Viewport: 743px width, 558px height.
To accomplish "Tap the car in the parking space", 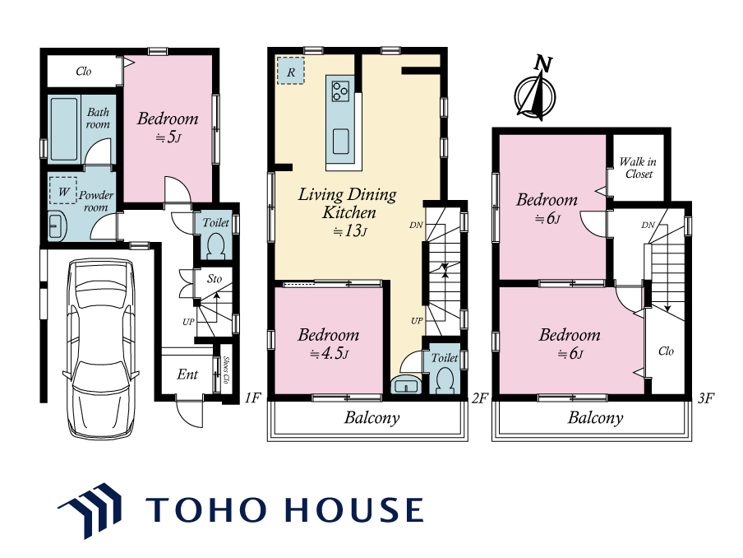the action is (x=101, y=348).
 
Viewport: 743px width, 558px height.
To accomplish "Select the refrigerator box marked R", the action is (x=290, y=71).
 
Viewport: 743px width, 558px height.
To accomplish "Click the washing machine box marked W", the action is (x=62, y=190).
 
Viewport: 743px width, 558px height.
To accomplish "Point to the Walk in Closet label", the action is (x=638, y=168).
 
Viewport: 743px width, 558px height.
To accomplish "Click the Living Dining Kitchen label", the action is (x=348, y=203).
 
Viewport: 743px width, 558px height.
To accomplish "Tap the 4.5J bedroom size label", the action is (x=329, y=354).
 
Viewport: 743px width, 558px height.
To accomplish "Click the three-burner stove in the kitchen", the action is (x=340, y=91).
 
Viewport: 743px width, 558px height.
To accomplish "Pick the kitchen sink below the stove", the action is (x=340, y=142).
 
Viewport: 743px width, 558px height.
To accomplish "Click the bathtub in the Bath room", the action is (x=63, y=129).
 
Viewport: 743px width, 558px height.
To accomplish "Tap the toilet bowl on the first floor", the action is (x=216, y=247).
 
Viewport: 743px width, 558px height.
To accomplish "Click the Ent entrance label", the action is (x=187, y=374).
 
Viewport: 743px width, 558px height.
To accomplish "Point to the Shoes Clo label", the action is (x=226, y=370).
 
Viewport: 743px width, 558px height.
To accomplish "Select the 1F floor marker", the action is (x=253, y=398).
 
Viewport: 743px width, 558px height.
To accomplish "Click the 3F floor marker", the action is (x=705, y=398).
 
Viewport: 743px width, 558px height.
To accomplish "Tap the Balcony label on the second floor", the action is (x=372, y=417).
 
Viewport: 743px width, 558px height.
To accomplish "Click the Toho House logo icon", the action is (x=90, y=510).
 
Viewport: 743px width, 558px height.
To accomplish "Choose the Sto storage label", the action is (x=215, y=278).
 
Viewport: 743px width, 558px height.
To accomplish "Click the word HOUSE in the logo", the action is (x=355, y=509).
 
